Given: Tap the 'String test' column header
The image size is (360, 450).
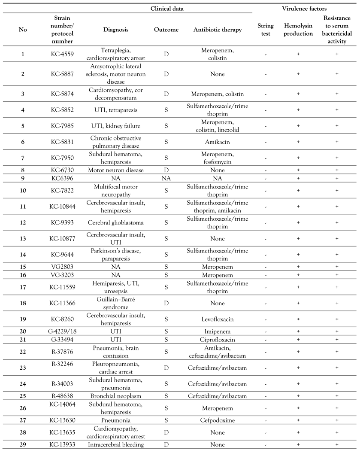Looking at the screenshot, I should tap(266, 30).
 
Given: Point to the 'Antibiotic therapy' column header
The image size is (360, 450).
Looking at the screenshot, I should tap(217, 30).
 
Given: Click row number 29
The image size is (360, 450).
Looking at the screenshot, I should tap(22, 446).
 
